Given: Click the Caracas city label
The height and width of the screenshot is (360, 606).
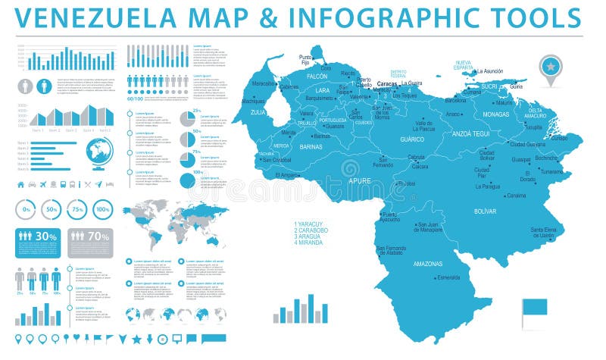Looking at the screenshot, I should [387, 83].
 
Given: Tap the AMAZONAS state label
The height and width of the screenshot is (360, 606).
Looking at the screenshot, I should [429, 264].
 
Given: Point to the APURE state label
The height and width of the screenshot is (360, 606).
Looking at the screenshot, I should [359, 182].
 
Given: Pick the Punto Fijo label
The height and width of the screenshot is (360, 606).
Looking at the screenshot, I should [305, 60].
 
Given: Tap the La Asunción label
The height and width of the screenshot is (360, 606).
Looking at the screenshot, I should [489, 70].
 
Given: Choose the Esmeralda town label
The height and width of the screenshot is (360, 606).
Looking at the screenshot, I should [448, 277].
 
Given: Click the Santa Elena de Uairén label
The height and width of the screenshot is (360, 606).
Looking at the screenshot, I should [548, 233].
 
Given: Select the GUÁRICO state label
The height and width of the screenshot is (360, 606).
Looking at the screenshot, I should [412, 140].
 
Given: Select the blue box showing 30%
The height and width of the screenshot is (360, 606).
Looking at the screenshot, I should [37, 243].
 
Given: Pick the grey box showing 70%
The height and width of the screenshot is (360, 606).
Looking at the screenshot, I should [90, 243].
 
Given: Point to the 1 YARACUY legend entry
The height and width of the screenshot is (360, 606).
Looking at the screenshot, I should [308, 224].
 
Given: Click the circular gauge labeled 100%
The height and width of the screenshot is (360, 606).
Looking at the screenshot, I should [102, 209].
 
